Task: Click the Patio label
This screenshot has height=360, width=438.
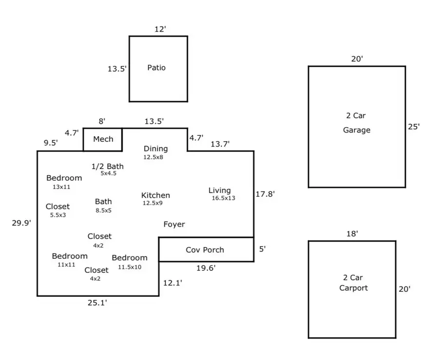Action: (x=156, y=68)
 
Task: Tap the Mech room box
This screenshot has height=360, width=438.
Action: (x=103, y=139)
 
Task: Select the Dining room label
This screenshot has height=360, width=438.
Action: (x=156, y=149)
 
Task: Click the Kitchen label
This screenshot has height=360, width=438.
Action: (x=156, y=195)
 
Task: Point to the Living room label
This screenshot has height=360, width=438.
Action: (x=219, y=190)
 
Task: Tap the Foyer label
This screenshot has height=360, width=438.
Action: (x=174, y=224)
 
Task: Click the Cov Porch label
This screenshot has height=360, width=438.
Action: (x=205, y=250)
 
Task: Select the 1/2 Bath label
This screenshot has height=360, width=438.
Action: (x=108, y=167)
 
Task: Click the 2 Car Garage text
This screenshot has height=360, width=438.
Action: (x=357, y=123)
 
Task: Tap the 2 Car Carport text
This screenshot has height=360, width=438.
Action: (x=353, y=283)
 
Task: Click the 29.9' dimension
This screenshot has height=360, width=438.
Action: (x=21, y=223)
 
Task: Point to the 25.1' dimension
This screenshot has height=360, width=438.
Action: (x=97, y=303)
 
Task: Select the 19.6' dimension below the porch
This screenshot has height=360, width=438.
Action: (x=206, y=267)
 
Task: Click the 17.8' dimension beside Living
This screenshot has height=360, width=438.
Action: (x=265, y=194)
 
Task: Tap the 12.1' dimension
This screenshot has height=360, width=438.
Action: (x=172, y=283)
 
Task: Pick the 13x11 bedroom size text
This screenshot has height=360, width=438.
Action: (x=62, y=187)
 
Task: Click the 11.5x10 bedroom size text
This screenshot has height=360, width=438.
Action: (x=129, y=267)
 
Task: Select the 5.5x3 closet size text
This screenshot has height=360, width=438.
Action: (x=58, y=215)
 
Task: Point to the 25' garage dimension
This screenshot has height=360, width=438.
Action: (x=414, y=127)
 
